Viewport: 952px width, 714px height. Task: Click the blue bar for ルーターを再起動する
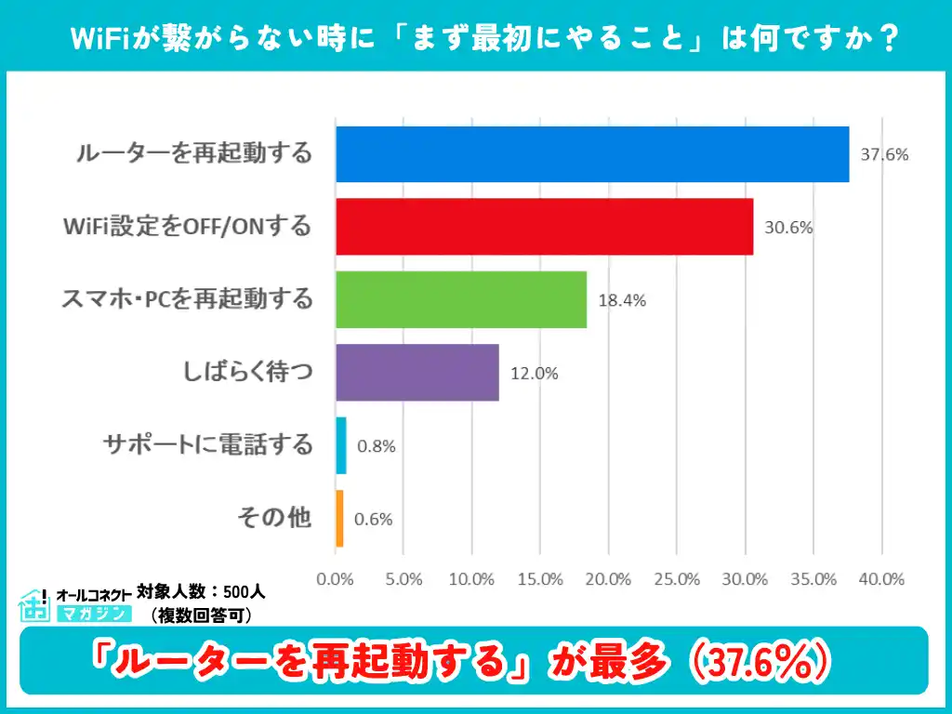click(x=592, y=154)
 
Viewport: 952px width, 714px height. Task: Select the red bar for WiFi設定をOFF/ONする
click(x=544, y=227)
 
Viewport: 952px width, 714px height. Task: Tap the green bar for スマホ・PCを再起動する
click(x=461, y=299)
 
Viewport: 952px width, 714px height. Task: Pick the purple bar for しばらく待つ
click(x=417, y=373)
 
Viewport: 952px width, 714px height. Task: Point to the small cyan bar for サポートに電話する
click(x=341, y=445)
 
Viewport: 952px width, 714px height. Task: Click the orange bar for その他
click(x=339, y=519)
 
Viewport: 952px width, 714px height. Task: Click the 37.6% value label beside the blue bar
click(x=883, y=154)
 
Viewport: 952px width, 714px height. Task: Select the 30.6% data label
click(x=788, y=227)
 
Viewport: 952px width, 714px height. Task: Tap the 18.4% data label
click(x=621, y=300)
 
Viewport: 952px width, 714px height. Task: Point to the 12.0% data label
click(x=534, y=374)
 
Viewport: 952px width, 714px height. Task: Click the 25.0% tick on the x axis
click(x=677, y=578)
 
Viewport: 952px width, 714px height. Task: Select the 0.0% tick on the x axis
click(x=336, y=578)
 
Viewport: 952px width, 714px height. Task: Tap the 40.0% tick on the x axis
click(x=881, y=578)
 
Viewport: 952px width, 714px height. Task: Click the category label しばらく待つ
click(x=248, y=373)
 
